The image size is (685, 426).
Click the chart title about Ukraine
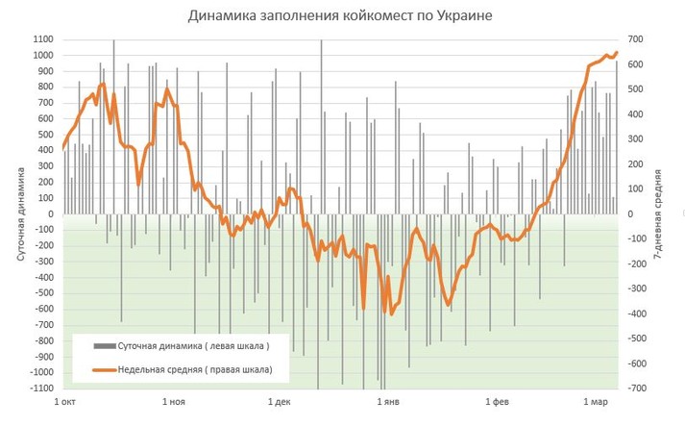[x=342, y=17]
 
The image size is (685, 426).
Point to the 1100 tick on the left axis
[x=41, y=39]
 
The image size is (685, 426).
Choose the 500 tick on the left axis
[x=44, y=135]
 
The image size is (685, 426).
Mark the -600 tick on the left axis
[x=42, y=310]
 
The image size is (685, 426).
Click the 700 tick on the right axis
[x=636, y=39]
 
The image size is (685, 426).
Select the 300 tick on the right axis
[x=636, y=139]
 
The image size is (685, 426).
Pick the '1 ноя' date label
[x=174, y=402]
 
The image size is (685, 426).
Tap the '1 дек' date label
[x=281, y=402]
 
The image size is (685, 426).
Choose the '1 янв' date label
[x=389, y=402]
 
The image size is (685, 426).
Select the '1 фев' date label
[x=497, y=402]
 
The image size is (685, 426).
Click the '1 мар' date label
[x=596, y=402]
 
